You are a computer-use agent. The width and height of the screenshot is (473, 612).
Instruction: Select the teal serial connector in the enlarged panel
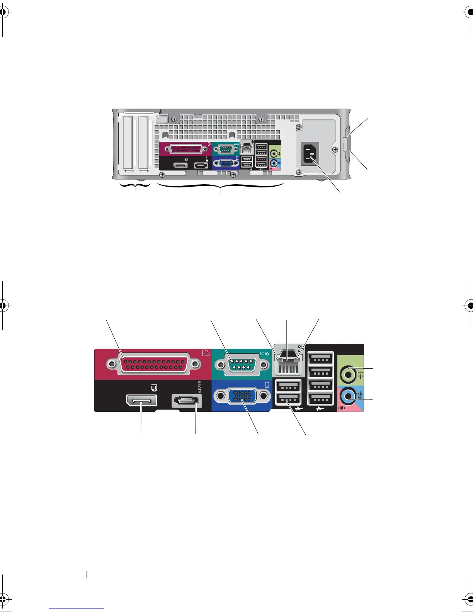point(240,364)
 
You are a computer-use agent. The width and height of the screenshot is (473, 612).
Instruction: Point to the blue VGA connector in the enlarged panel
point(240,396)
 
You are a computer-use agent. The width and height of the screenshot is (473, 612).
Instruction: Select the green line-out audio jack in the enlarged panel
point(348,374)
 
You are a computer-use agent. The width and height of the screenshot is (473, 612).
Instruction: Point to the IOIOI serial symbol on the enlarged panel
point(266,353)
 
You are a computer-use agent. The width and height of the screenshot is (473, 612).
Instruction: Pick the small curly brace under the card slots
point(135,187)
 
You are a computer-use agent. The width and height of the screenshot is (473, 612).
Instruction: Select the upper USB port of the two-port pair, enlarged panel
point(288,386)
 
